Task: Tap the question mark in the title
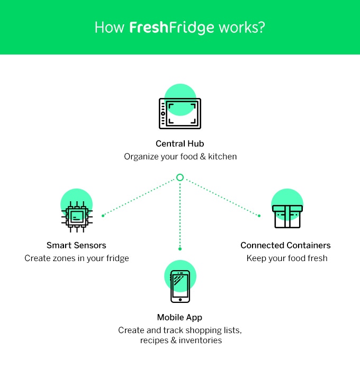(x=262, y=28)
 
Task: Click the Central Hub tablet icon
(x=180, y=113)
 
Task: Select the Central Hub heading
(x=180, y=144)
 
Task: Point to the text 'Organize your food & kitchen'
(x=180, y=157)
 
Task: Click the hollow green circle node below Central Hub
(x=180, y=177)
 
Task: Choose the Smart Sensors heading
(x=76, y=245)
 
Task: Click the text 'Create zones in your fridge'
(x=77, y=258)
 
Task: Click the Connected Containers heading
(x=285, y=245)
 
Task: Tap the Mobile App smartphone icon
(x=180, y=286)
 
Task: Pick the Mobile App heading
(x=180, y=317)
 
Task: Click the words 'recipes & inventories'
(x=181, y=341)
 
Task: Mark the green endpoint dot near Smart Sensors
(x=103, y=216)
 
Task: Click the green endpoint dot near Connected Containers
(x=259, y=216)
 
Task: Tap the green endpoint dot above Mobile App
(x=180, y=248)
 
